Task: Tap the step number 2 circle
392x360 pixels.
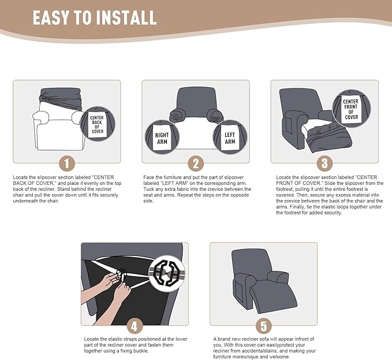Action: click(x=196, y=163)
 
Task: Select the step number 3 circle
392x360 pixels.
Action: click(x=324, y=163)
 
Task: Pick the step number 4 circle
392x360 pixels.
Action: click(x=134, y=325)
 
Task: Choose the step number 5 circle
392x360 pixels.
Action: click(x=263, y=325)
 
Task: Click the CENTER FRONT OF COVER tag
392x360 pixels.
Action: click(x=351, y=109)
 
